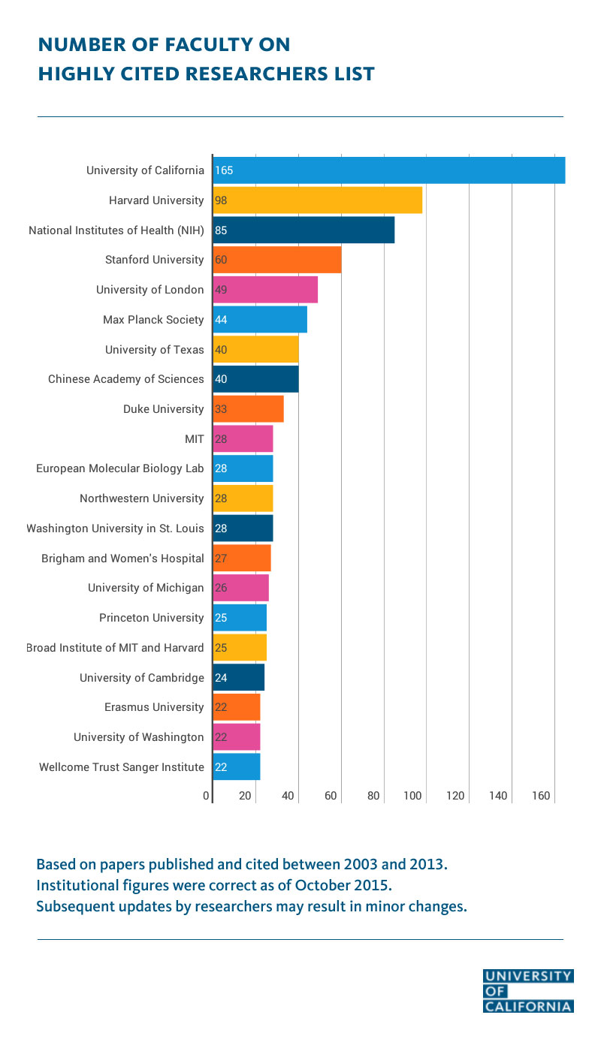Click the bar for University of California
point(388,170)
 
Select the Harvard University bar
point(317,200)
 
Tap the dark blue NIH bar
point(304,230)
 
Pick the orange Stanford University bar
point(276,260)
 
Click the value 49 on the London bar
point(221,290)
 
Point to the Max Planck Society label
point(153,320)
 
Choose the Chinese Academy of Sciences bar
point(255,379)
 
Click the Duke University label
point(163,409)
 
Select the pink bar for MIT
point(243,438)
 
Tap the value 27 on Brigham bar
point(221,558)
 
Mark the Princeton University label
point(151,618)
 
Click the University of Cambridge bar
point(238,677)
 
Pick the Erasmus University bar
point(236,707)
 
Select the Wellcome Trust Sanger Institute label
point(121,766)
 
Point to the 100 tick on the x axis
point(412,796)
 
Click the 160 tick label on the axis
point(541,796)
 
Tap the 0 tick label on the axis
point(206,796)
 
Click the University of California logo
point(528,991)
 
